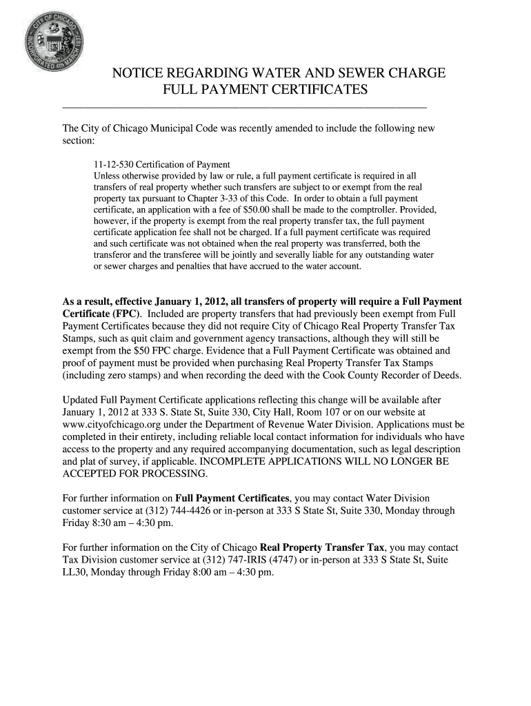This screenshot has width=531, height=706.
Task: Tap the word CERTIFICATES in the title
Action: pos(312,90)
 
